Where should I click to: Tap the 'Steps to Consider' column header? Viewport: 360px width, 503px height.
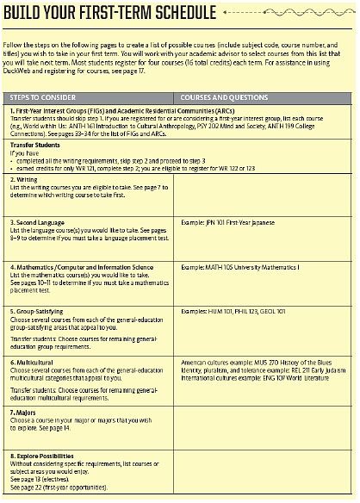[x=44, y=97]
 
